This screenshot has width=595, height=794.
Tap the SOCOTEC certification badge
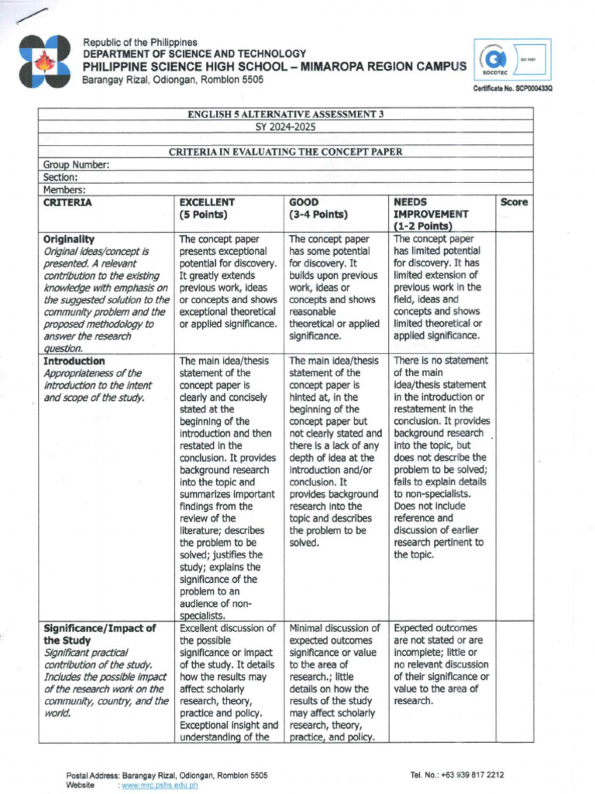click(x=514, y=59)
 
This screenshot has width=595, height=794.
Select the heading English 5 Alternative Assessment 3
click(x=286, y=114)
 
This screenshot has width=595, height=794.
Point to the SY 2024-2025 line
click(x=286, y=126)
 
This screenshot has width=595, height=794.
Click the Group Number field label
click(x=76, y=164)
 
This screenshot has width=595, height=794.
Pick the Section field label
click(x=60, y=177)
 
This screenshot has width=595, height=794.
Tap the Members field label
click(x=64, y=189)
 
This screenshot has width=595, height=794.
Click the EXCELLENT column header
click(x=206, y=202)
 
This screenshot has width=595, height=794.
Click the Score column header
click(x=514, y=202)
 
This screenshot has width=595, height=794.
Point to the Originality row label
click(x=69, y=240)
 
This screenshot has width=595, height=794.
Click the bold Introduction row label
click(x=74, y=361)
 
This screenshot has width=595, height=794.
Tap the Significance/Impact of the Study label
click(x=99, y=634)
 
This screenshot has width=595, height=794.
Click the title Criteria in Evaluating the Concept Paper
click(x=286, y=152)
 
